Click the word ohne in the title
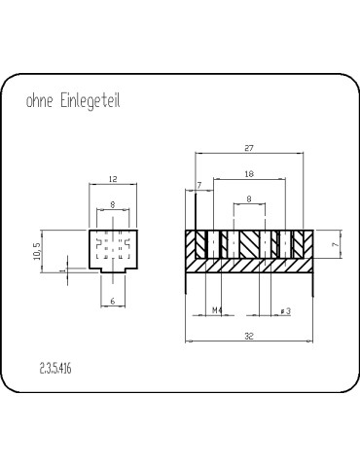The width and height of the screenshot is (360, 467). pyautogui.click(x=39, y=101)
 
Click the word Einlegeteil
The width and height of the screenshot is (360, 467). pyautogui.click(x=90, y=101)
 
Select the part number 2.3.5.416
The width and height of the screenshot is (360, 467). pyautogui.click(x=55, y=369)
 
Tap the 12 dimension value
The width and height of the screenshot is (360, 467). pyautogui.click(x=113, y=179)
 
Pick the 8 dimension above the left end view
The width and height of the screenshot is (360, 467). pyautogui.click(x=113, y=204)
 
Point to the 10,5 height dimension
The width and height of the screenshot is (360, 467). pyautogui.click(x=37, y=251)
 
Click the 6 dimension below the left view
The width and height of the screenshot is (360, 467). pyautogui.click(x=113, y=301)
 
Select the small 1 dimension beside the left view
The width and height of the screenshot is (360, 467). pyautogui.click(x=63, y=269)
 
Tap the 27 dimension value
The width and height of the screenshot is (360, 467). pyautogui.click(x=249, y=148)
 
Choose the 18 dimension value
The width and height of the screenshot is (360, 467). pyautogui.click(x=249, y=174)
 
